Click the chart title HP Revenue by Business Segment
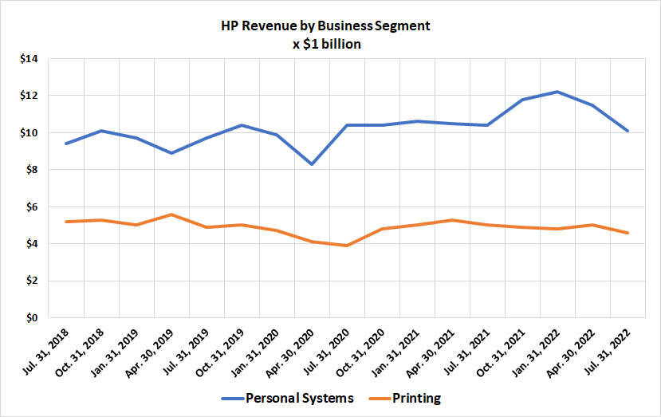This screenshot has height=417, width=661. [x=325, y=26]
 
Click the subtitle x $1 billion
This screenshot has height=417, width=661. [x=327, y=45]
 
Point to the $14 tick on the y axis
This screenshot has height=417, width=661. [x=30, y=59]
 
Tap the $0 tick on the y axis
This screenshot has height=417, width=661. [x=32, y=318]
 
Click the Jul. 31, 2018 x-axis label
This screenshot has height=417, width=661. [x=49, y=351]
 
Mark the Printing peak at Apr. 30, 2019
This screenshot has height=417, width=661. [x=171, y=214]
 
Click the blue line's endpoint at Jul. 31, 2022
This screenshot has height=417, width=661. [x=628, y=131]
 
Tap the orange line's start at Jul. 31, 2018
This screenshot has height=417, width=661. [x=65, y=222]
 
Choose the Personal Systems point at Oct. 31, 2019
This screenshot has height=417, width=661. [x=241, y=125]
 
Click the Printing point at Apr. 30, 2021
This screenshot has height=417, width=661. [x=452, y=220]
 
